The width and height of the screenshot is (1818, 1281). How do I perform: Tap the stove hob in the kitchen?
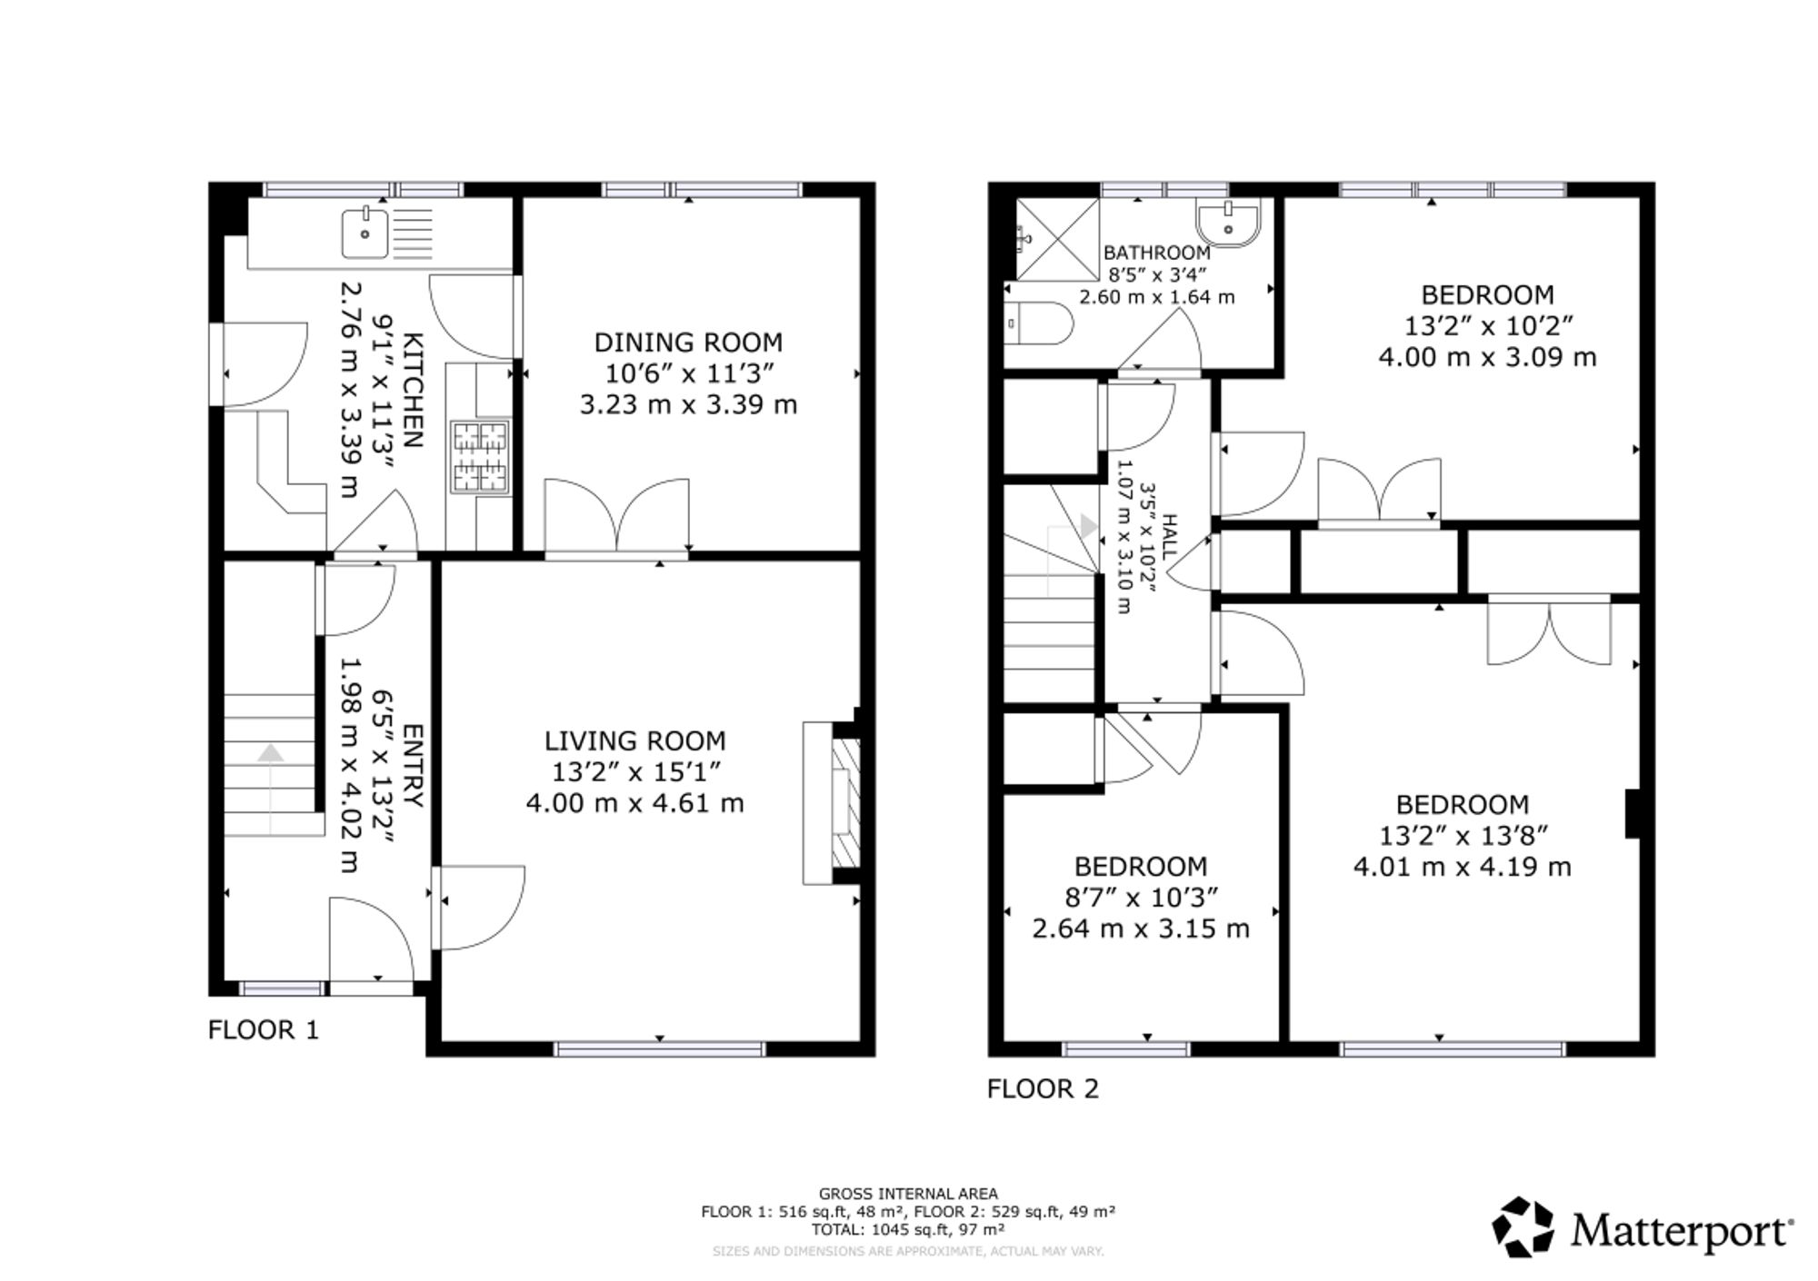click(x=480, y=457)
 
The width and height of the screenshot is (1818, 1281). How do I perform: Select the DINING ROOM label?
click(x=688, y=343)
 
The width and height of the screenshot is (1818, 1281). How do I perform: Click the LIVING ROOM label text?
click(x=634, y=741)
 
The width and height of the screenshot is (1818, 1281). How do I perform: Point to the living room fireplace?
click(x=832, y=803)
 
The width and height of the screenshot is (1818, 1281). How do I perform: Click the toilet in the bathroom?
click(x=1041, y=323)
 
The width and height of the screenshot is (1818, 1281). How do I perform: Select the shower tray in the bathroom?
click(x=1056, y=240)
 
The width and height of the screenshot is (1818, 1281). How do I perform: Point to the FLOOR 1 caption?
click(x=264, y=1030)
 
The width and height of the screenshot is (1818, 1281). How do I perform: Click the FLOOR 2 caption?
click(x=1043, y=1088)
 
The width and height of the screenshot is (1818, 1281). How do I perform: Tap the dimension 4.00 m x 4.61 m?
click(x=634, y=803)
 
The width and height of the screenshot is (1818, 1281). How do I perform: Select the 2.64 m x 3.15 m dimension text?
click(x=1141, y=928)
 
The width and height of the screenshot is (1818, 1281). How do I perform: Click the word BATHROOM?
click(x=1156, y=253)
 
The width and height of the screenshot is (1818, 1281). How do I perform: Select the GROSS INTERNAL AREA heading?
click(x=908, y=1194)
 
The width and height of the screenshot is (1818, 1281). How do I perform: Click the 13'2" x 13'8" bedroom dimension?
click(x=1463, y=835)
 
